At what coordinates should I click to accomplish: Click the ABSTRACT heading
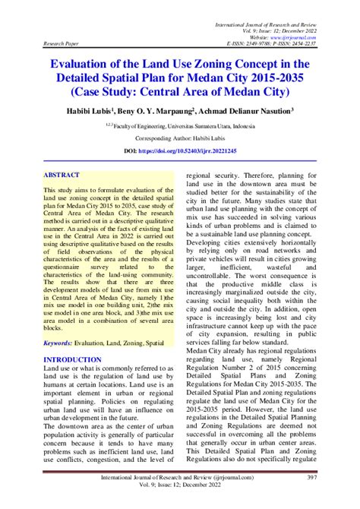click(x=63, y=174)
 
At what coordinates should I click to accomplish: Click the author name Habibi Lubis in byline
click(x=97, y=111)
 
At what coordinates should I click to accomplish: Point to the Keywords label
click(x=61, y=343)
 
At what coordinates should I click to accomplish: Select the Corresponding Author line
click(x=180, y=139)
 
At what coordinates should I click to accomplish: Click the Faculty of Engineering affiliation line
click(x=180, y=127)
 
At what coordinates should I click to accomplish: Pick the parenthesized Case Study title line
click(x=180, y=93)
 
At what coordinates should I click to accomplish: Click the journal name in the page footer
click(x=179, y=476)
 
